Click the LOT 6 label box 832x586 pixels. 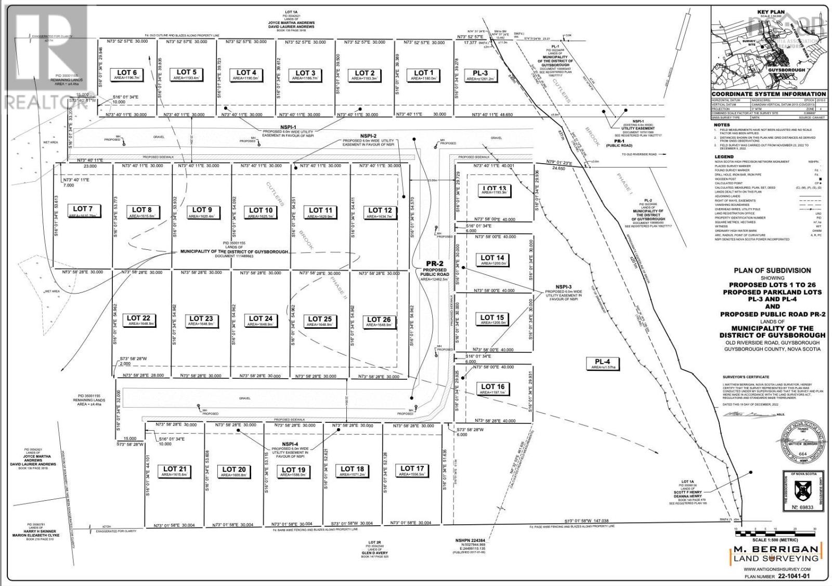pos(127,75)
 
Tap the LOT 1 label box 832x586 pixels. pos(423,75)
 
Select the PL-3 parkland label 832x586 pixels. pos(480,75)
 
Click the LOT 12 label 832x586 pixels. pos(380,212)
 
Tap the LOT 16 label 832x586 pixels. pos(492,389)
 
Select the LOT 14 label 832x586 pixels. pos(492,260)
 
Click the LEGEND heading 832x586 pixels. pos(724,156)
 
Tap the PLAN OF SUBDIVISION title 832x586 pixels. pos(772,270)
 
